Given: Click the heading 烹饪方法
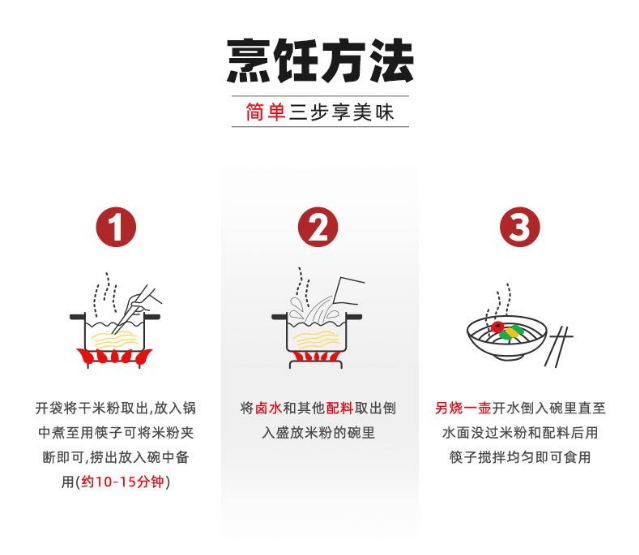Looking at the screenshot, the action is pyautogui.click(x=320, y=61).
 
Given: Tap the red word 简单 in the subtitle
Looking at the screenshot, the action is pyautogui.click(x=265, y=112).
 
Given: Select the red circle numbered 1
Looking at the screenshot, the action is pyautogui.click(x=116, y=227).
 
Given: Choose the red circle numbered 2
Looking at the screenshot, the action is pyautogui.click(x=318, y=227).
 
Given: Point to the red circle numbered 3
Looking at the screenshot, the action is pyautogui.click(x=520, y=227).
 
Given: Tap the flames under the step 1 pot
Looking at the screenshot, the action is pyautogui.click(x=115, y=356).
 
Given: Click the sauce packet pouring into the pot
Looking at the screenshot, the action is pyautogui.click(x=348, y=291).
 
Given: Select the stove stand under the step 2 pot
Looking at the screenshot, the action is pyautogui.click(x=317, y=364).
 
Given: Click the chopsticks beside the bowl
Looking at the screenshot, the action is pyautogui.click(x=559, y=346).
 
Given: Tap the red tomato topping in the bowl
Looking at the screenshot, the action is pyautogui.click(x=497, y=327).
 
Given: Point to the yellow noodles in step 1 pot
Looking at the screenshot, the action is pyautogui.click(x=115, y=339).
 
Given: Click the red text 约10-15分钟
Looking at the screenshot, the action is pyautogui.click(x=123, y=482).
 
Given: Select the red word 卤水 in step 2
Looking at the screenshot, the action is pyautogui.click(x=269, y=408).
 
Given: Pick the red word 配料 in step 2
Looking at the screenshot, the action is pyautogui.click(x=339, y=408).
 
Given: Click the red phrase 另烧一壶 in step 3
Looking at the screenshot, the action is pyautogui.click(x=463, y=408).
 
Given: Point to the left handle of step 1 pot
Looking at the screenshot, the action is pyautogui.click(x=77, y=317).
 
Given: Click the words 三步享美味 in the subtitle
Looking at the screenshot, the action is pyautogui.click(x=342, y=112).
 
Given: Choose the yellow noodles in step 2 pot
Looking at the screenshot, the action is pyautogui.click(x=317, y=340).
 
